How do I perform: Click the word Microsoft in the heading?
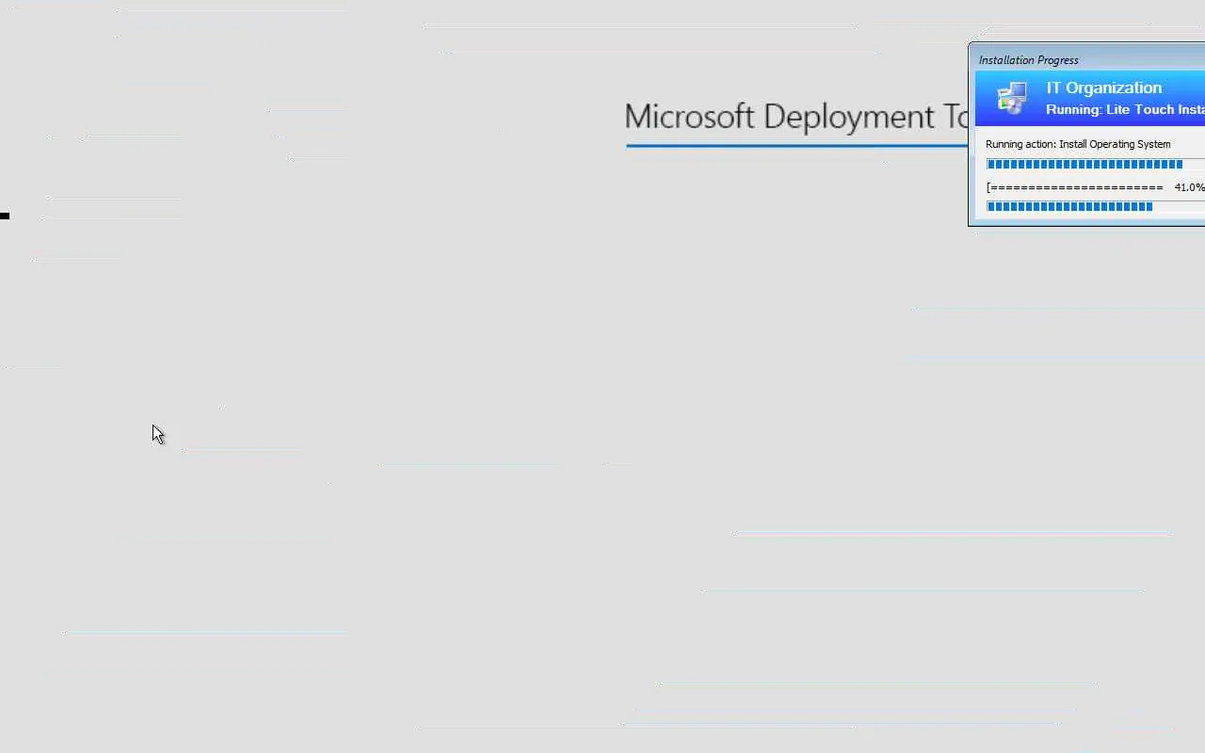click(x=689, y=116)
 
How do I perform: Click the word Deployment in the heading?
click(x=849, y=118)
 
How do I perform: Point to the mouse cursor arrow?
click(x=158, y=435)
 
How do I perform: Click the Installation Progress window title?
click(x=1029, y=60)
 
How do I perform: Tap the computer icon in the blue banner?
click(x=1012, y=97)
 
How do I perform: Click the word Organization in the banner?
click(x=1114, y=88)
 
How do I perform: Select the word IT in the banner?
click(x=1053, y=88)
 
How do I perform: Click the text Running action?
click(x=1020, y=144)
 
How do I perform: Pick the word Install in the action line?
click(x=1071, y=144)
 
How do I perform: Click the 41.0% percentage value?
click(x=1189, y=187)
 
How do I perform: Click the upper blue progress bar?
click(x=1084, y=164)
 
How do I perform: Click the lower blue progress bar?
click(x=1069, y=206)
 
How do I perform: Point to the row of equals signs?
click(x=1076, y=187)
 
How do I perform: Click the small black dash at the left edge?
click(x=5, y=216)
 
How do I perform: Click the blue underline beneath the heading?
click(x=796, y=146)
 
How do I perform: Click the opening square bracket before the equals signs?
click(x=988, y=187)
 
